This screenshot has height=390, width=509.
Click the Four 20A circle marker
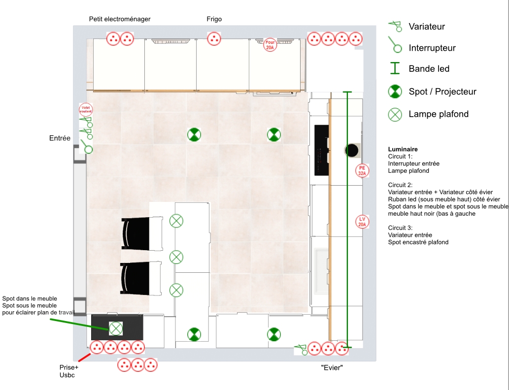click(270, 45)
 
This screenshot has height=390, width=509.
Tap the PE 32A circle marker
click(362, 171)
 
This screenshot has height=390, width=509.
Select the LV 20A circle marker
click(362, 222)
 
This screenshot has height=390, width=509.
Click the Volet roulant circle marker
click(86, 110)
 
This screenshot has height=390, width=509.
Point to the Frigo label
click(214, 19)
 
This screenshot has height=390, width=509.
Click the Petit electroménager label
click(120, 19)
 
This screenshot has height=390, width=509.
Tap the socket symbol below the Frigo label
click(214, 39)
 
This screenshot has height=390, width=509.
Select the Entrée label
click(60, 138)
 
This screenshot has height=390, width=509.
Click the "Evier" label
click(332, 368)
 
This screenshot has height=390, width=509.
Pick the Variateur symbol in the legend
click(395, 26)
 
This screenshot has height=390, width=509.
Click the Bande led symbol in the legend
click(395, 68)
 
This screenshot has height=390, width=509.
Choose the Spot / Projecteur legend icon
click(395, 92)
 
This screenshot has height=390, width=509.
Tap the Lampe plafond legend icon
click(395, 115)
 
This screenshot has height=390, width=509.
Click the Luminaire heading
click(403, 149)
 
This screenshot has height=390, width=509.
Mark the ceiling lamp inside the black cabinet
click(116, 328)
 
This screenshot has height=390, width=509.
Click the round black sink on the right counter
click(351, 150)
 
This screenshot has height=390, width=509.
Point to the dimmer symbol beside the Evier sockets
click(301, 350)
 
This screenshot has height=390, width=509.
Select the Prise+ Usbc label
click(69, 371)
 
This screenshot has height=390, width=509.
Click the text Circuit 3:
click(400, 228)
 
